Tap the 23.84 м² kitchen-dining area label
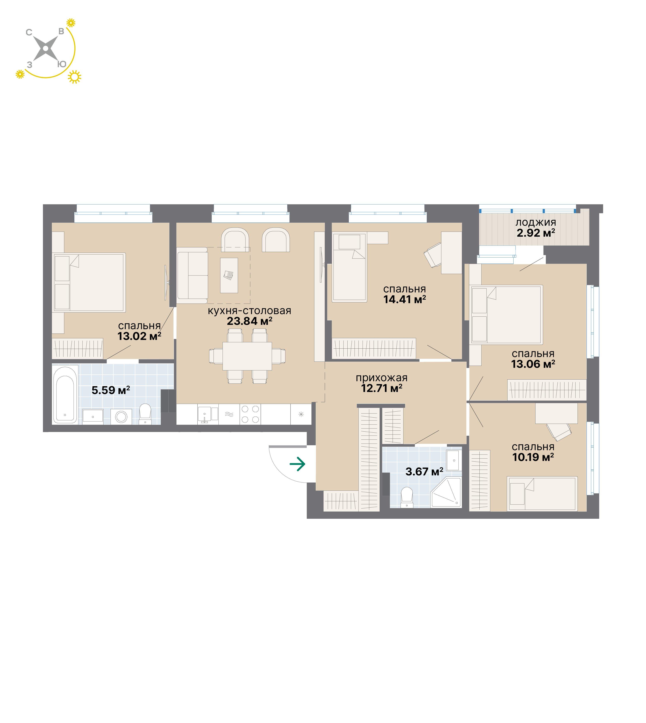(249, 321)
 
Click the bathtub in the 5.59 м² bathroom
(65, 395)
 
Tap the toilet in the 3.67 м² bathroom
(407, 497)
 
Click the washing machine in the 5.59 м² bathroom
(121, 417)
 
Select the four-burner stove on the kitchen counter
(250, 414)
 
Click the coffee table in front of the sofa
(229, 275)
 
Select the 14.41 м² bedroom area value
(405, 299)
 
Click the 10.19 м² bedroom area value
(533, 457)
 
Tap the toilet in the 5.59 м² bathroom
(145, 414)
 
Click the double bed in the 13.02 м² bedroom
(89, 282)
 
